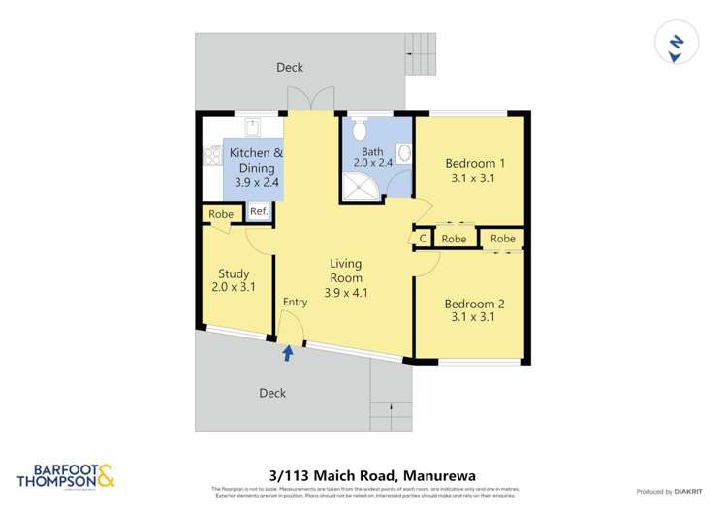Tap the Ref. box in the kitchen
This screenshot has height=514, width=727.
coord(259,212)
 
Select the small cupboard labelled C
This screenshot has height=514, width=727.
coord(423,239)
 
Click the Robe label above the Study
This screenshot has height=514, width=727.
coord(220,214)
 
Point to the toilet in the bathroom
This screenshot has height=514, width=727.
coord(358,130)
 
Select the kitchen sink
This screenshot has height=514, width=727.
coord(251,127)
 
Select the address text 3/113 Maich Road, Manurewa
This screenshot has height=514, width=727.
coord(363,474)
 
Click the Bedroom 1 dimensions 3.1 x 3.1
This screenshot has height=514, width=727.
coord(470,178)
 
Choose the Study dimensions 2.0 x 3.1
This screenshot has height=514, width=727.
coord(234,288)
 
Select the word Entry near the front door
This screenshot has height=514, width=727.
coord(295,303)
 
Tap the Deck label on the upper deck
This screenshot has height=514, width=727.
coord(289,67)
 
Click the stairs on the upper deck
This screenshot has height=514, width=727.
coord(419,60)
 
